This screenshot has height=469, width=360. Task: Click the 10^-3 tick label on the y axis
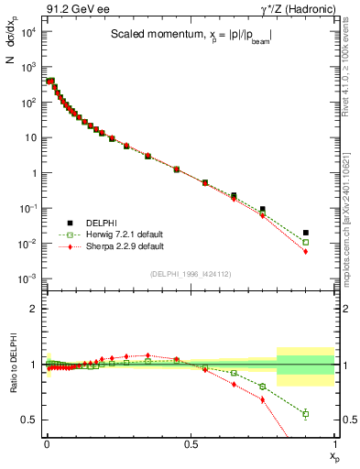28,278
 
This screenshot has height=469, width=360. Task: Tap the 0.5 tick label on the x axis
191,443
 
